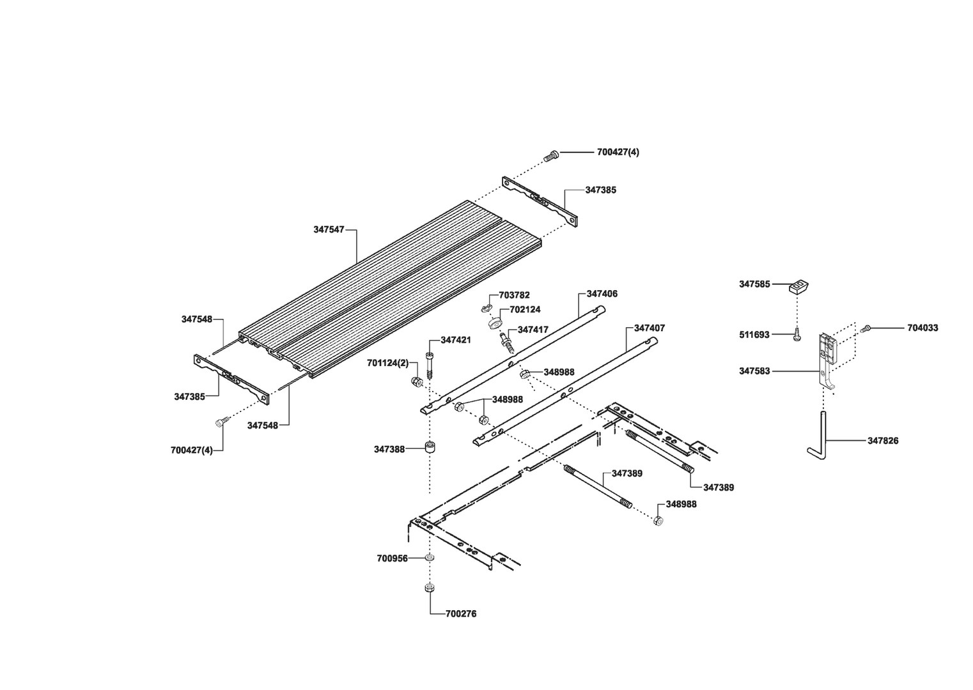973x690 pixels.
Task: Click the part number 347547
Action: point(329,229)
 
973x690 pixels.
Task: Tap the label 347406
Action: point(602,294)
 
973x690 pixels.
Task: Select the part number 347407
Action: point(649,328)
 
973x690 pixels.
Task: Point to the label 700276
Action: point(462,614)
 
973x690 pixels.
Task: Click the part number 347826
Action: point(882,441)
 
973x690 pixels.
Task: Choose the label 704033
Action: point(922,328)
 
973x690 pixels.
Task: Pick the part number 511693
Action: point(754,334)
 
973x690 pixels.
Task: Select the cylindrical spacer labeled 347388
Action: point(430,446)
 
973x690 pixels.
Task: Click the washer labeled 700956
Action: point(430,558)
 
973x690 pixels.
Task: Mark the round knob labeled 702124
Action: point(494,323)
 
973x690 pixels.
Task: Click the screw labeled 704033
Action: point(866,328)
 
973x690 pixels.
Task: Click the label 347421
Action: point(455,340)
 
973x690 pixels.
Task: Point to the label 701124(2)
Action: point(387,363)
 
